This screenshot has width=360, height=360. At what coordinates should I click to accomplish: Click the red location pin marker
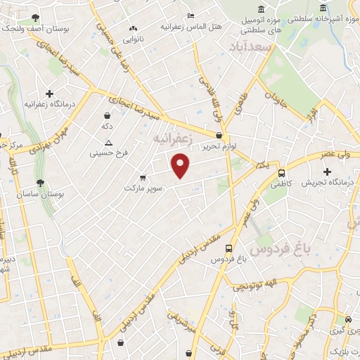coord(181,165)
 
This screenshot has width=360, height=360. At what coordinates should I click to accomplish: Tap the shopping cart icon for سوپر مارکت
coord(143,177)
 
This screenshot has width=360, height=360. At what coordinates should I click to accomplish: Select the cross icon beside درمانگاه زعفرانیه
coord(49,94)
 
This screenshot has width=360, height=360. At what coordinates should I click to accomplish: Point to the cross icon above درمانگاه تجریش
coord(326,172)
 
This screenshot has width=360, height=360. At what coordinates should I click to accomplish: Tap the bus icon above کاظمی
coord(282,173)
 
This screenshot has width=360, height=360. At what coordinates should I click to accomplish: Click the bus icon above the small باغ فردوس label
coord(229,248)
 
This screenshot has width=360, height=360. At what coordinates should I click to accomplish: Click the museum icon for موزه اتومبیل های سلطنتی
coord(262,8)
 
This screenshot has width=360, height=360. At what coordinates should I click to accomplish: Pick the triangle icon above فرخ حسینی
coord(108,141)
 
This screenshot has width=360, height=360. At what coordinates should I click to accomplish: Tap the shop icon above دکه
coord(107,115)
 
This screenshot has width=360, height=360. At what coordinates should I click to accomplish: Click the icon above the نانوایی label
coord(133,28)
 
